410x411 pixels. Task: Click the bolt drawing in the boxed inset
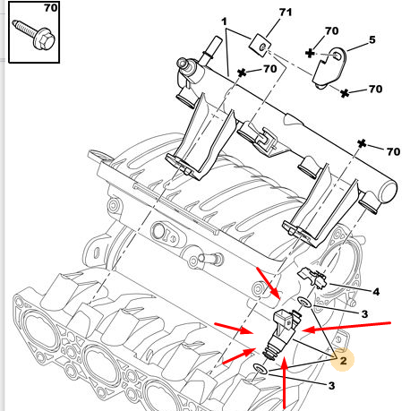33,34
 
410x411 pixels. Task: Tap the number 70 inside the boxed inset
51,8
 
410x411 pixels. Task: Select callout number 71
286,13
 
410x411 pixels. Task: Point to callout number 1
224,21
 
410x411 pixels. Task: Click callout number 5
372,39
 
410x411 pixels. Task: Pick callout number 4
376,292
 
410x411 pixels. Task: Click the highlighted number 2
343,361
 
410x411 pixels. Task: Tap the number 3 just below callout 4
364,314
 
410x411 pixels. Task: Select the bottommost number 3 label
331,386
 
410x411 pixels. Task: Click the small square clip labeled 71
260,46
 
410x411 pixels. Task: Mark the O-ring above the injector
304,303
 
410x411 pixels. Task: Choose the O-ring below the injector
261,369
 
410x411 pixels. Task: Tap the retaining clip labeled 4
312,278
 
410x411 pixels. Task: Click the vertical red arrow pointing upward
285,383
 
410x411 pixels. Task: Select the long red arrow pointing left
346,327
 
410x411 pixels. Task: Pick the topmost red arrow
269,284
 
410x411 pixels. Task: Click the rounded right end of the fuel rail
388,192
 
